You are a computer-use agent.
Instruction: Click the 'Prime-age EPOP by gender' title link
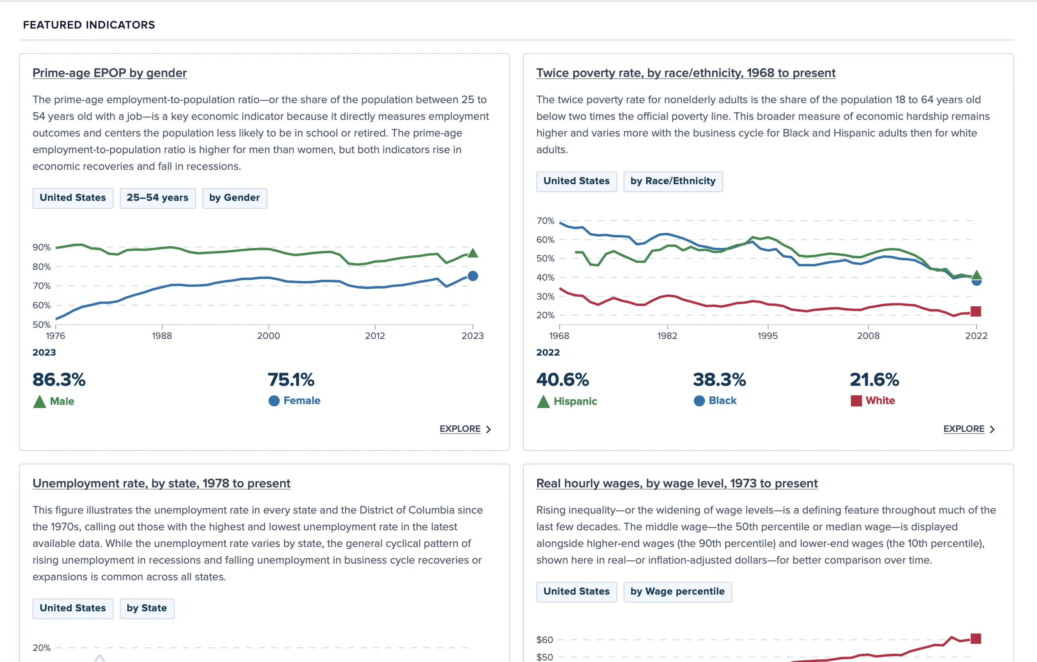pos(110,73)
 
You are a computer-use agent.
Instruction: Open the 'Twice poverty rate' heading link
pos(686,73)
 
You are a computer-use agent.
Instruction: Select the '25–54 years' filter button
pos(157,198)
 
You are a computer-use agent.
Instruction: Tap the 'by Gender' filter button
pos(234,198)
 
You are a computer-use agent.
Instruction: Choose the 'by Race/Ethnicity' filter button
pos(673,181)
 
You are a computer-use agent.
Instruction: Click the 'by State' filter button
pos(146,608)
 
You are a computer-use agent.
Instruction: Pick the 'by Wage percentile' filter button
pos(677,591)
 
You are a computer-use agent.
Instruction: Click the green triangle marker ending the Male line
pos(472,253)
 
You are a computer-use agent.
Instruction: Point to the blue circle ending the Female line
pos(472,276)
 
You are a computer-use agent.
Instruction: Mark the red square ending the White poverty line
pos(976,311)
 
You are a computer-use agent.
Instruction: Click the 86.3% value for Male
pos(59,380)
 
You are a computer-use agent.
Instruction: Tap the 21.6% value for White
pos(874,380)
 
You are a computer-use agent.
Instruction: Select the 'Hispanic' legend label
pos(575,401)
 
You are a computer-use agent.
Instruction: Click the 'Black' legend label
pos(722,401)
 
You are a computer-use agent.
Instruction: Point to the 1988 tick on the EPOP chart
pos(162,336)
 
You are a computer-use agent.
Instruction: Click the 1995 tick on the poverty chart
pos(767,336)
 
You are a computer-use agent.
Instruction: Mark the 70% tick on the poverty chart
pos(545,221)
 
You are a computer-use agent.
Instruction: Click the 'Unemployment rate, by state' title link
pos(161,483)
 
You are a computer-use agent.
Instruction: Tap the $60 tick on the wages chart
pos(544,640)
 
